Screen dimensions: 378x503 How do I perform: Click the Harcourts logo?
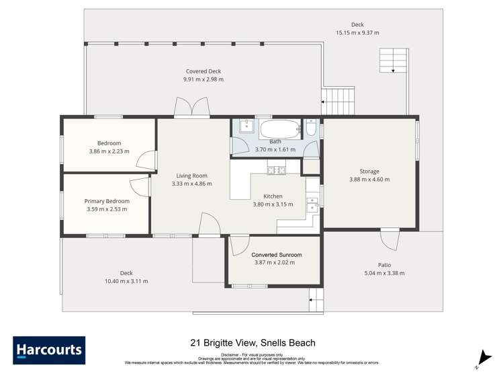[49, 350]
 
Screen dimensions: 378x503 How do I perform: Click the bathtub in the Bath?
[279, 129]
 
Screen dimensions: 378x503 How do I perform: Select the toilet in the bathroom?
[311, 127]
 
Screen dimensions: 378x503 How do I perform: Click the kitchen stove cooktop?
[276, 170]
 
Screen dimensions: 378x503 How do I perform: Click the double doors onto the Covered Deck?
[189, 108]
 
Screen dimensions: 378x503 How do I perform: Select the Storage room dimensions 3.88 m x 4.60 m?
[369, 180]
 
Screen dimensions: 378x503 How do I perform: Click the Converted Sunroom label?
[277, 255]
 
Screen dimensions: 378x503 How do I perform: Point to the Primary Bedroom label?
[107, 201]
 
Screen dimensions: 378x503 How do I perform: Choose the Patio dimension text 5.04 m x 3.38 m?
[384, 273]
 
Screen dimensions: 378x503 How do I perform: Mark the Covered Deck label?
[203, 71]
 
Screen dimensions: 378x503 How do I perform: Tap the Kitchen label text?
[273, 196]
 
